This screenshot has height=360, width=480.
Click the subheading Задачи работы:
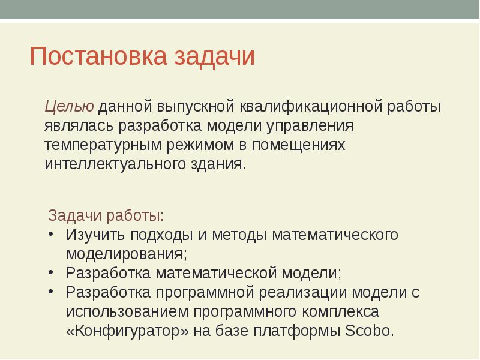[x=106, y=215]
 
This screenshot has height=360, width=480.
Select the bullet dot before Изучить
[x=52, y=234]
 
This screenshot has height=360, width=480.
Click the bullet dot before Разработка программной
[x=52, y=292]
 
